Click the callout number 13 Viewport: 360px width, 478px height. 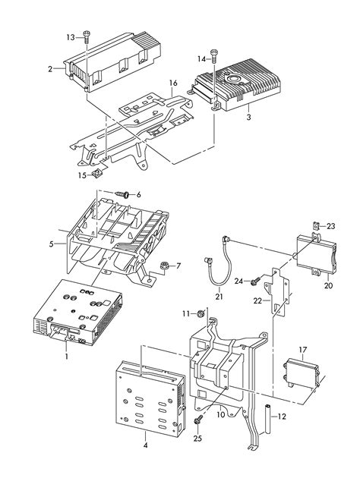tap(71, 36)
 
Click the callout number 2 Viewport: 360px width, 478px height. tap(50, 68)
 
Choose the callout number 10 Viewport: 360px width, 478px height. tap(221, 416)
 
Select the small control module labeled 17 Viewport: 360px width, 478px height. tap(301, 370)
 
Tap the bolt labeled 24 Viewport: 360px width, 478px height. tap(256, 281)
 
